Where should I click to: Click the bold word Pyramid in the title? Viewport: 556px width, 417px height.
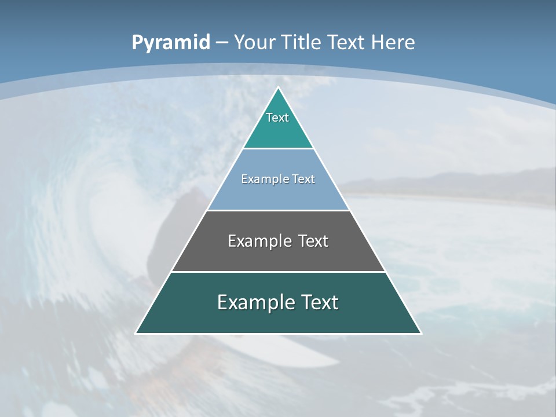pos(170,43)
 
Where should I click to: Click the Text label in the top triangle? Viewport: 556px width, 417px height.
pos(277,118)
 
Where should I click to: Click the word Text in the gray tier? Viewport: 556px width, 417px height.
pos(313,241)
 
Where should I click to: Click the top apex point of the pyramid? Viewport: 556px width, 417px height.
pos(278,87)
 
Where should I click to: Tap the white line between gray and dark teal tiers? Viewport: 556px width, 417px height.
pos(278,272)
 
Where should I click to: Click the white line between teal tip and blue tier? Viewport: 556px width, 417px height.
pos(278,149)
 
